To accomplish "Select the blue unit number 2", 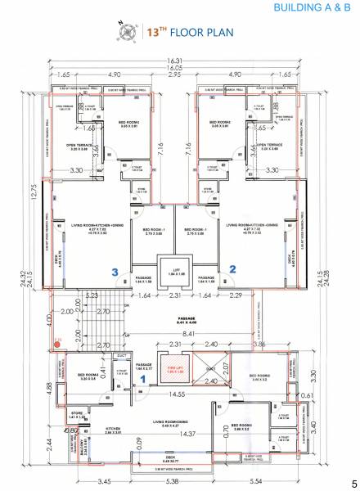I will click(232, 268).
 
